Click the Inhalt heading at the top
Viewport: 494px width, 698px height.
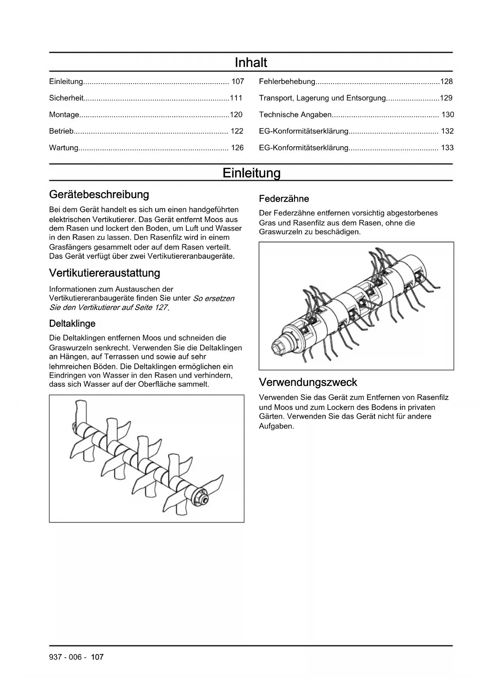click(251, 63)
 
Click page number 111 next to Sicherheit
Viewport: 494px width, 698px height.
click(236, 98)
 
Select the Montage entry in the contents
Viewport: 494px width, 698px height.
click(64, 115)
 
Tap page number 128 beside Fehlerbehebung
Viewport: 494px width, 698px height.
click(446, 82)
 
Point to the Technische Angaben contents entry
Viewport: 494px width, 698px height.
click(295, 115)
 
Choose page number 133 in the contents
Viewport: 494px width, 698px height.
click(447, 148)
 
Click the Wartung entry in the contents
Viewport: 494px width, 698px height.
click(64, 148)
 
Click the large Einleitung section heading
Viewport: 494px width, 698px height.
click(251, 173)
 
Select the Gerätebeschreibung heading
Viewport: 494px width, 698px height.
click(99, 195)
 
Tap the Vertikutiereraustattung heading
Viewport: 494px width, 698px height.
click(105, 273)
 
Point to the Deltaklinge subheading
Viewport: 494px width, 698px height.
click(72, 324)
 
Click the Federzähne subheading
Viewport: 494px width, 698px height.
click(284, 199)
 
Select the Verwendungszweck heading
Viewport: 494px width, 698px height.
click(308, 382)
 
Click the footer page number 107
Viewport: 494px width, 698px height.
click(97, 657)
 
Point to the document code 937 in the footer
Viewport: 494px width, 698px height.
click(55, 657)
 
